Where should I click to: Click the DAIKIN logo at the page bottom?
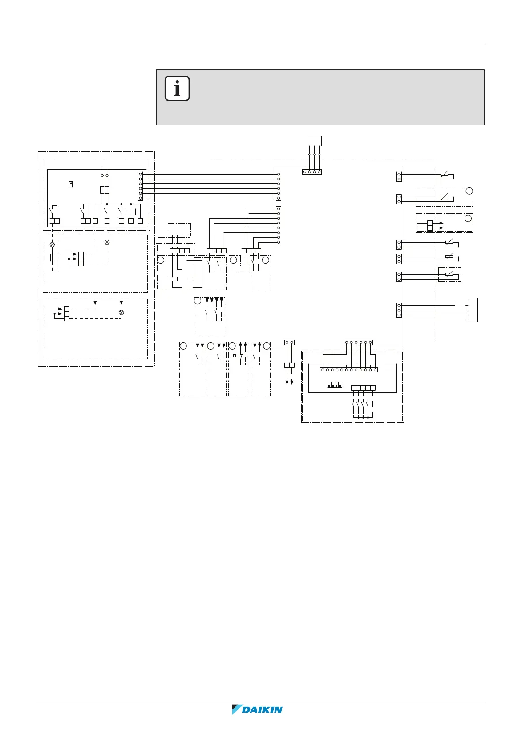pyautogui.click(x=257, y=709)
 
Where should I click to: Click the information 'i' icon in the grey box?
pyautogui.click(x=177, y=88)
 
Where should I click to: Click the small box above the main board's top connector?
pyautogui.click(x=314, y=141)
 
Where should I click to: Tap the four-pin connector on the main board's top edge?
pyautogui.click(x=312, y=172)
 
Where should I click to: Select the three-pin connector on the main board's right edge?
pyautogui.click(x=399, y=310)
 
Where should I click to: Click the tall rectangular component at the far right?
pyautogui.click(x=473, y=310)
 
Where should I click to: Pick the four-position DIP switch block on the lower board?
pyautogui.click(x=335, y=385)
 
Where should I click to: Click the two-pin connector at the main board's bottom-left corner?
pyautogui.click(x=289, y=342)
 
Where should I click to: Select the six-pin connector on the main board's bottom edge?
pyautogui.click(x=358, y=342)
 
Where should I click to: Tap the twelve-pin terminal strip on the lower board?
pyautogui.click(x=348, y=370)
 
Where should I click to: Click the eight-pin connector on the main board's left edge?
pyautogui.click(x=278, y=225)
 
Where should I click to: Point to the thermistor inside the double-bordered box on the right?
pyautogui.click(x=449, y=274)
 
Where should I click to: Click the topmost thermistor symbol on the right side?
pyautogui.click(x=445, y=174)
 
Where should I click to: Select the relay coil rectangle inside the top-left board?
pyautogui.click(x=130, y=212)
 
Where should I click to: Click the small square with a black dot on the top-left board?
pyautogui.click(x=71, y=184)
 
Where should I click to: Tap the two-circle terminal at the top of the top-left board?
pyautogui.click(x=105, y=175)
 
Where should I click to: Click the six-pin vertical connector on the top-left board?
pyautogui.click(x=140, y=186)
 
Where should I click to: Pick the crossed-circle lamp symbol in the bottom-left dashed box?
pyautogui.click(x=121, y=312)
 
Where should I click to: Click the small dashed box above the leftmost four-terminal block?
pyautogui.click(x=179, y=230)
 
